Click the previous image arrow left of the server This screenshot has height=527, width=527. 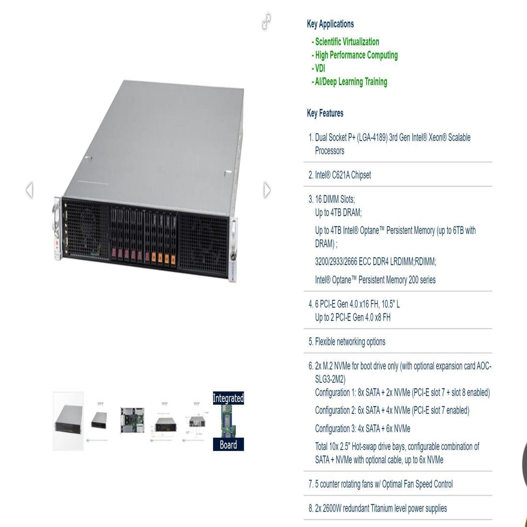point(30,190)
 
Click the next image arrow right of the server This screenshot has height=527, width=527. point(267,190)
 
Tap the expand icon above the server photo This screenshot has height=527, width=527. point(266,22)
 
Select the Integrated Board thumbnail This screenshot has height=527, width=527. point(228,421)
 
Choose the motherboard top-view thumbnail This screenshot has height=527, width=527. point(132,421)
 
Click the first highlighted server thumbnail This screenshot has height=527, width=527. point(68,421)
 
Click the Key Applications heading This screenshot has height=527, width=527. point(330,24)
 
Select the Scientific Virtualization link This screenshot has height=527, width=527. point(347,42)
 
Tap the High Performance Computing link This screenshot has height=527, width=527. point(356,55)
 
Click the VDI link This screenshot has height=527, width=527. point(320,68)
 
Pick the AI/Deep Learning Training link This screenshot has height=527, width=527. point(351,82)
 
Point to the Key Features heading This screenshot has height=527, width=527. point(325,113)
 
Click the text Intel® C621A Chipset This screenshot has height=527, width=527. point(343,175)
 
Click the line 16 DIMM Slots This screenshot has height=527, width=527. point(335,199)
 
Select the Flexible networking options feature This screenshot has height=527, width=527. point(350,342)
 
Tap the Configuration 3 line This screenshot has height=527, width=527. point(362,429)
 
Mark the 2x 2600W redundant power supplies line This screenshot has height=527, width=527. point(381,508)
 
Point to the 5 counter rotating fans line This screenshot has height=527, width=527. point(384,484)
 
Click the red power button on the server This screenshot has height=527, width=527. point(57,243)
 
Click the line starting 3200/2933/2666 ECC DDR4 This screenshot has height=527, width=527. point(375,262)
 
